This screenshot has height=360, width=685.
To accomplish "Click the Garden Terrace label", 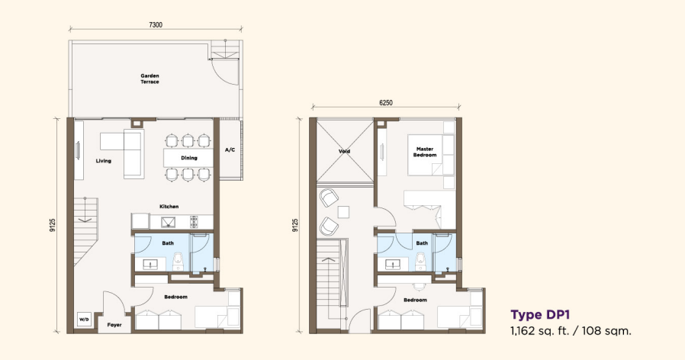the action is point(150,79).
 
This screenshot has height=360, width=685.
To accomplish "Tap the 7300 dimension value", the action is point(156,25).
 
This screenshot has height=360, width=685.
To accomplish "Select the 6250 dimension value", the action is point(386,103).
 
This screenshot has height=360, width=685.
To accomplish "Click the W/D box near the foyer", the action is point(83,320).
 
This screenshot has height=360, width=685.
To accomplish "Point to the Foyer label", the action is point(114,325).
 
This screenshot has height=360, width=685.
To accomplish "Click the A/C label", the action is point(230,149).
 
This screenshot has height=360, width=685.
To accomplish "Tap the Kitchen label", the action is point(169,206).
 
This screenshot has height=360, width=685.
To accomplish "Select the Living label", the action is point(104,161).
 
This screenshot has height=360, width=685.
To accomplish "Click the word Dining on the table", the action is point(189,158).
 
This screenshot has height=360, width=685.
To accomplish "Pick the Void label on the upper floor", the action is point(345,151).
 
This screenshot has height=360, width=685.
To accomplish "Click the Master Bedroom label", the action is point(425,152).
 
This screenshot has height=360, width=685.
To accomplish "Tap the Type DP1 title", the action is point(540,315).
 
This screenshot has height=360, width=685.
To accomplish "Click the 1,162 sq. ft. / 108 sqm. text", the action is point(571,331).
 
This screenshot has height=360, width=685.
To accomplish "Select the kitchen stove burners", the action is point(194,222).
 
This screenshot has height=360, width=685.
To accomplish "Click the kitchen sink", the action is point(167,223).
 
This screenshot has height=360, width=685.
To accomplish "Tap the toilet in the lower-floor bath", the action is point(178,262).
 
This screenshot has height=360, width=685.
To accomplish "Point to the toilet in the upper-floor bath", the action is point(420,262).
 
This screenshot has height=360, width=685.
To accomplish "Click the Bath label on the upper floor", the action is point(422,243).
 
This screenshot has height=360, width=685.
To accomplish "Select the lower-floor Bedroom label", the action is point(175,297).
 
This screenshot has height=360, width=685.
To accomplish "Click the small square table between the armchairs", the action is point(343,212).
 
